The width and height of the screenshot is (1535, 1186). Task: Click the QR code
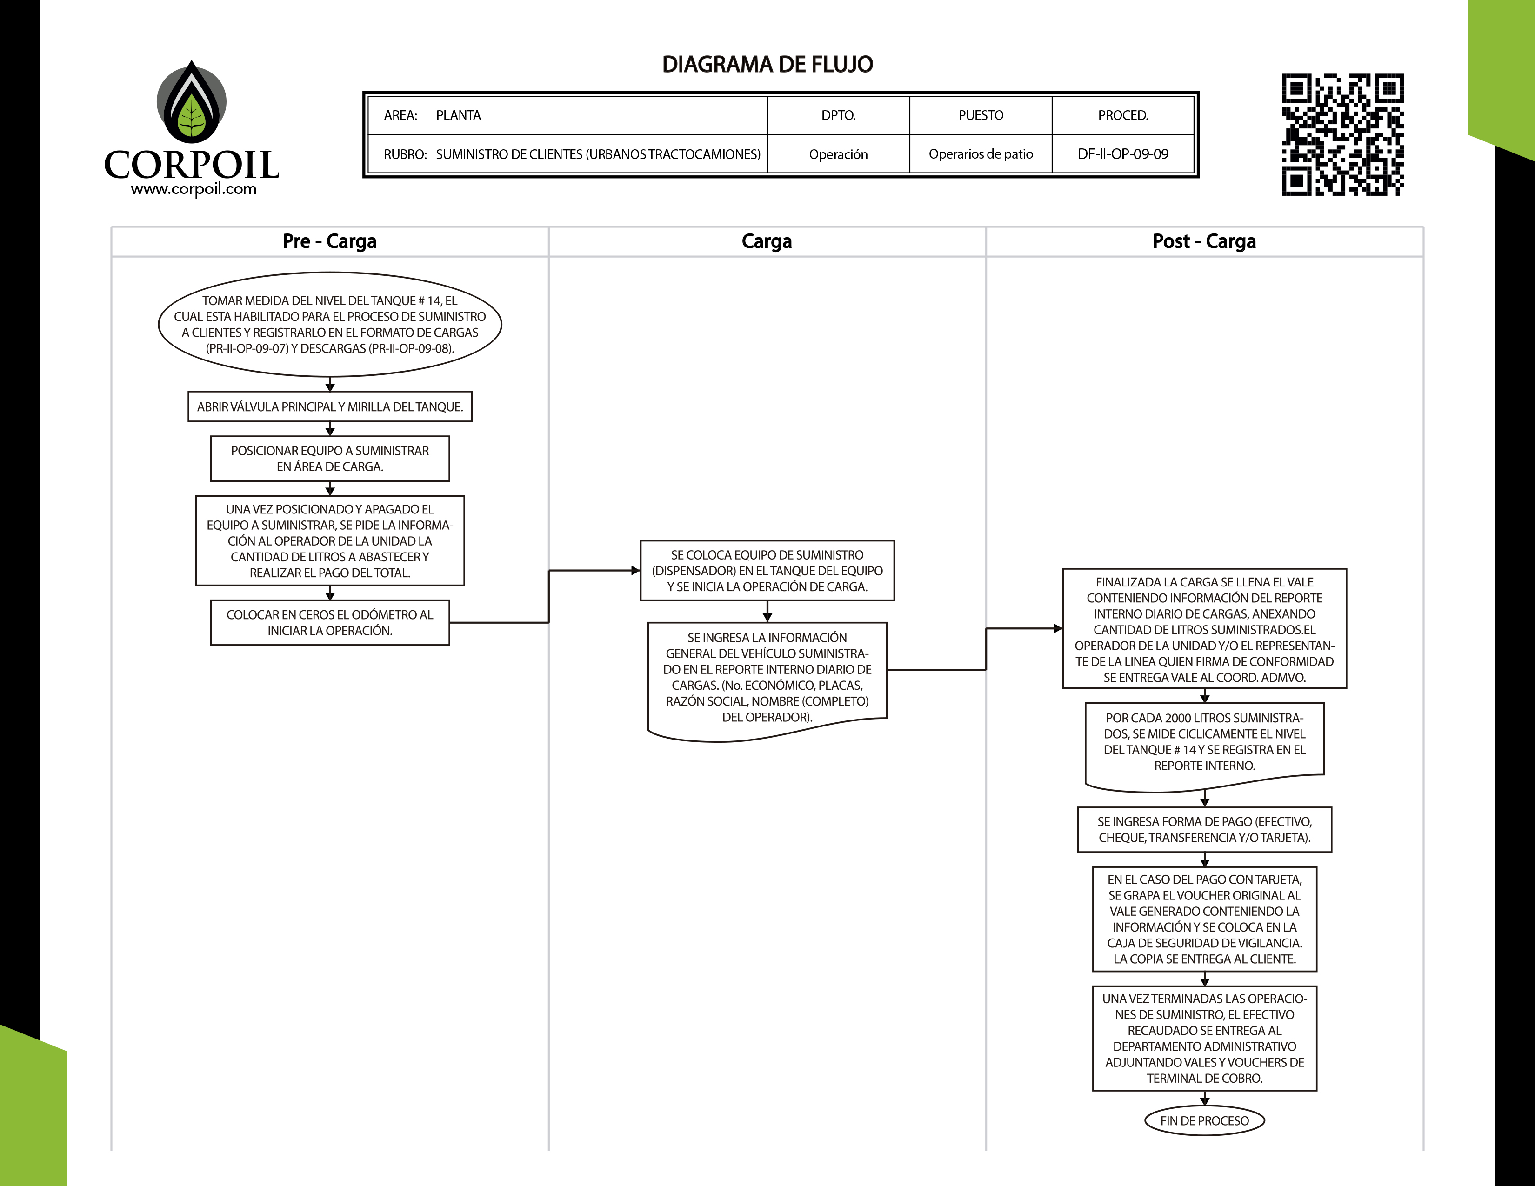click(x=1342, y=134)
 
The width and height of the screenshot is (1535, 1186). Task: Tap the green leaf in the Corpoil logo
click(x=191, y=116)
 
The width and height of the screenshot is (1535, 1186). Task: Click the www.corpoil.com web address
click(x=194, y=189)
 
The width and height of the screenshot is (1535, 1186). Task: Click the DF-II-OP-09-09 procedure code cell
click(x=1122, y=154)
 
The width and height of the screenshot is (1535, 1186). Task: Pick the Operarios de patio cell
click(x=981, y=154)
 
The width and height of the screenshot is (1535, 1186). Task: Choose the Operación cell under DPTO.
click(x=838, y=154)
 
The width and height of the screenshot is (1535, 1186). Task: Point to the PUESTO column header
click(x=981, y=115)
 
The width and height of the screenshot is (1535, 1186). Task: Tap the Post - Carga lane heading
click(x=1204, y=241)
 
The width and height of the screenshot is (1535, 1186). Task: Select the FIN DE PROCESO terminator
click(x=1204, y=1121)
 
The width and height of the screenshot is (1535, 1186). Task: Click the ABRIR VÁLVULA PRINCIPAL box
click(x=330, y=407)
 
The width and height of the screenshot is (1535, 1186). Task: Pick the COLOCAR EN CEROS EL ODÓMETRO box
click(x=330, y=622)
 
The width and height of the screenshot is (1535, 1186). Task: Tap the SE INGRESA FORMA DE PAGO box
click(x=1204, y=830)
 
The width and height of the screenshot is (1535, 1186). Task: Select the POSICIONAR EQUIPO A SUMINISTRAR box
click(x=330, y=459)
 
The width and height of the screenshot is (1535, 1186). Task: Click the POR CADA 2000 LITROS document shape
click(x=1204, y=743)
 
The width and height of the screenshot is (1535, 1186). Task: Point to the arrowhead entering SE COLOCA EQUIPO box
click(x=635, y=571)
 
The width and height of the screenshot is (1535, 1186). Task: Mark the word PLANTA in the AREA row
click(x=458, y=115)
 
